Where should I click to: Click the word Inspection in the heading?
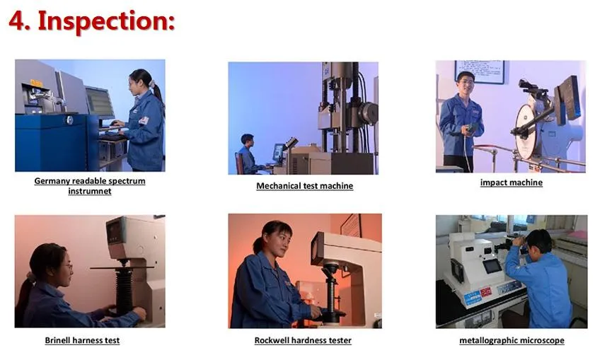106,21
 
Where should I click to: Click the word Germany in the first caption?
52,181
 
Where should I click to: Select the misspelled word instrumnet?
90,191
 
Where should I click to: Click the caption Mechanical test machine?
304,186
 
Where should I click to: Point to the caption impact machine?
512,182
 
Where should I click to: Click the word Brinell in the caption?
57,340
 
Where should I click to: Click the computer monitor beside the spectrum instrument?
100,102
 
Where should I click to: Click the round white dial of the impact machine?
527,132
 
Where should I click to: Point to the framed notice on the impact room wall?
480,71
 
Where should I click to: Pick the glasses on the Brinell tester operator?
67,266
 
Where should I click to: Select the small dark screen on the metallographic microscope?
492,266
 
